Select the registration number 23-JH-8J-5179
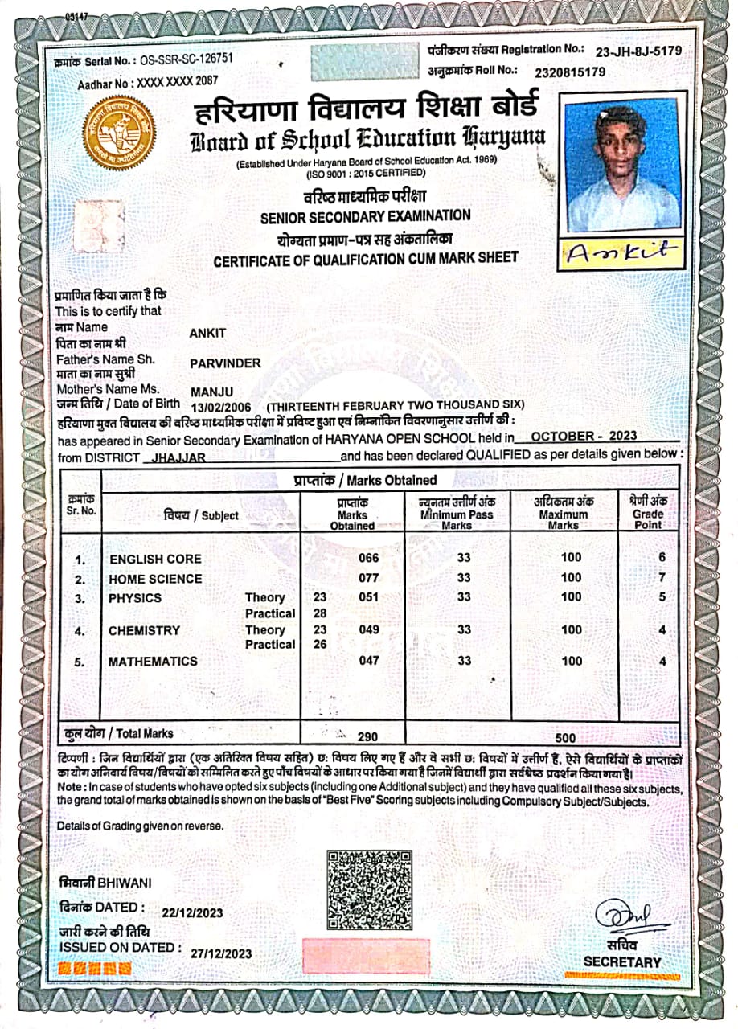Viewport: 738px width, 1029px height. click(638, 51)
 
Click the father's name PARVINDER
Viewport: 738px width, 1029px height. click(225, 363)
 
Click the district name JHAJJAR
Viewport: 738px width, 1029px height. click(174, 457)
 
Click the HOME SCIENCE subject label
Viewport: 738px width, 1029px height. click(155, 579)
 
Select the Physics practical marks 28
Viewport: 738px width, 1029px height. click(319, 613)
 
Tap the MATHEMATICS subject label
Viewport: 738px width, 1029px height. click(153, 662)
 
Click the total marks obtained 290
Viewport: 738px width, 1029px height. click(367, 736)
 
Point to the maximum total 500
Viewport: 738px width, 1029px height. click(566, 737)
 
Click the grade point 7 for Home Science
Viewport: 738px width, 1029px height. click(662, 578)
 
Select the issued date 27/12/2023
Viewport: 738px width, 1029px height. click(222, 953)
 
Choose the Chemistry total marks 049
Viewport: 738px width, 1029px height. click(369, 630)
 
